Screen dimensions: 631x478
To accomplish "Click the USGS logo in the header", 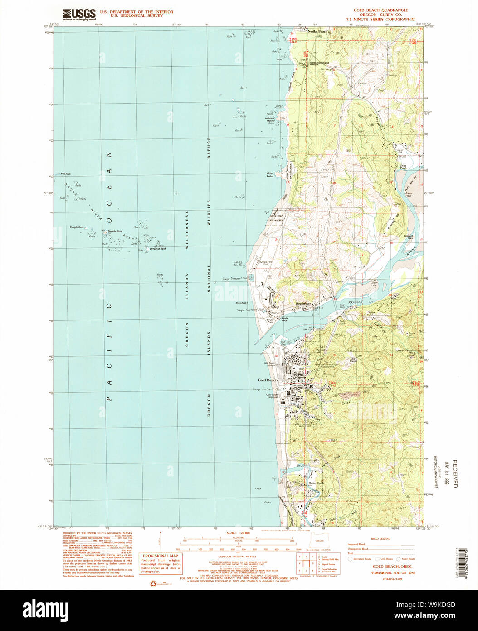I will coord(79,15).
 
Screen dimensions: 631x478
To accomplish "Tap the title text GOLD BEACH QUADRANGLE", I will coord(380,10).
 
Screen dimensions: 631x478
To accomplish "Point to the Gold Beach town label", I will coord(267,380).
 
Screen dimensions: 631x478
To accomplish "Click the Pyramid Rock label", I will coord(158,249).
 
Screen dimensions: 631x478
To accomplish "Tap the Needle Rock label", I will coord(115,231).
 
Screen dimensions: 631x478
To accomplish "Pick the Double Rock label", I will coord(76,227).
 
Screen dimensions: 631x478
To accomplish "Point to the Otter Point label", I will coord(270,174).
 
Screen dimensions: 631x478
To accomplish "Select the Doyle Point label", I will coord(272,321).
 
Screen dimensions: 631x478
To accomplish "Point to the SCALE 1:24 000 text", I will coord(239,533).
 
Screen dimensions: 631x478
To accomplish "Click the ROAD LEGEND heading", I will coord(380,538).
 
